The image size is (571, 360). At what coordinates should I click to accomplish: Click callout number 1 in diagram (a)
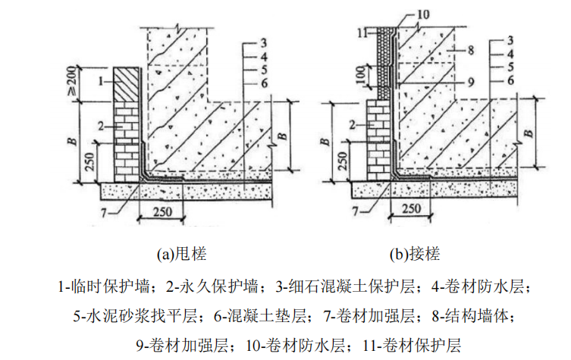[100, 78]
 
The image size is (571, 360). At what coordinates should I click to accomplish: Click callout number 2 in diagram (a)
[100, 125]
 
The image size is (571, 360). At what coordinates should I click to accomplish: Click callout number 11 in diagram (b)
[363, 33]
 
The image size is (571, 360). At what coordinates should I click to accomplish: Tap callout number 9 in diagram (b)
[471, 81]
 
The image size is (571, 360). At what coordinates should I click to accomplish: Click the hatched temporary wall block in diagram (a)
[125, 83]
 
